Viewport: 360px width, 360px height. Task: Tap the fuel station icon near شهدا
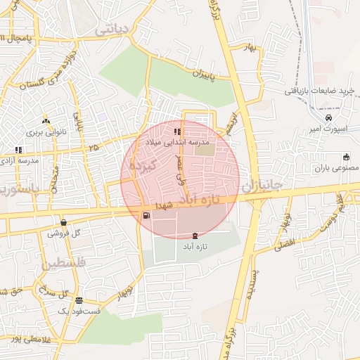(x=146, y=216)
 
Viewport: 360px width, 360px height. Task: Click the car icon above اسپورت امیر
(x=330, y=117)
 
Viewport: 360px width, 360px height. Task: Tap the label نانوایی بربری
(x=45, y=131)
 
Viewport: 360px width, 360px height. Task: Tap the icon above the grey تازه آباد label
(x=195, y=236)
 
